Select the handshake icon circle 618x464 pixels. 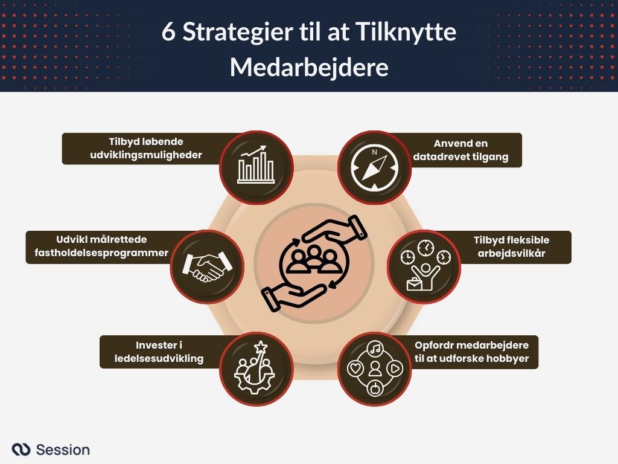(206, 266)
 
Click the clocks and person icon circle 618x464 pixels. (424, 266)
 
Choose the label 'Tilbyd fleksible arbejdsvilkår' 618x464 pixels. (511, 246)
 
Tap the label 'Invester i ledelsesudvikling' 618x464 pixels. (159, 352)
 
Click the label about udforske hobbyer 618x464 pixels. (471, 352)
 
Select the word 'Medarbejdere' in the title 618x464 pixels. (308, 68)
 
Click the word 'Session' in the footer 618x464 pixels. (63, 449)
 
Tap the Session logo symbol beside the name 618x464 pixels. (21, 449)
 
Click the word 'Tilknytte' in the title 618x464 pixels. (406, 33)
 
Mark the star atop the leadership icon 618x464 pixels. (261, 347)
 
